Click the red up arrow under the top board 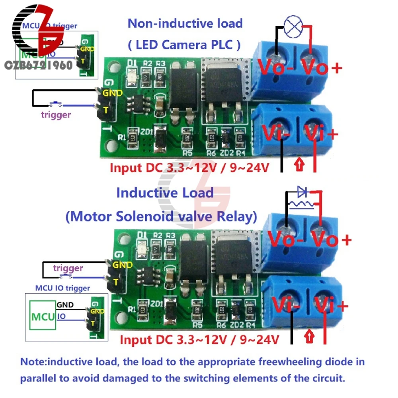point(298,164)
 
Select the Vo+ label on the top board point(322,68)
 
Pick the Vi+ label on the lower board point(331,306)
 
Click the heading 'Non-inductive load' point(185,23)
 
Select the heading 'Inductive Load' point(165,193)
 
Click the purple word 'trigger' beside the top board point(56,115)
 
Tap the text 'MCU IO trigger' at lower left point(62,288)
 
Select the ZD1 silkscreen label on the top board point(145,132)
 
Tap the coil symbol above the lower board point(302,205)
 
